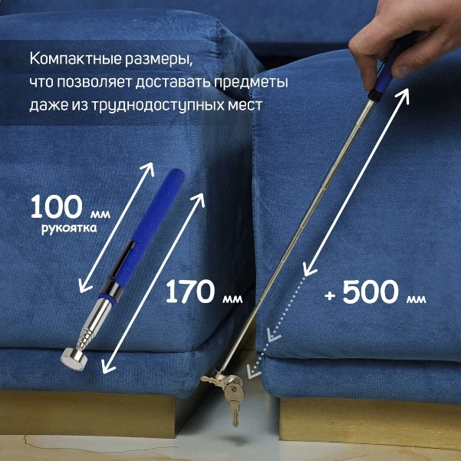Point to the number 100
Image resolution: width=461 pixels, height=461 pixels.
(x=56, y=207)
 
